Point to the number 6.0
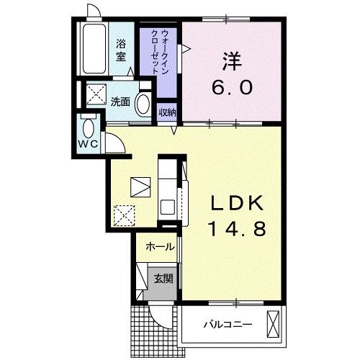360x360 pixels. [x=232, y=87]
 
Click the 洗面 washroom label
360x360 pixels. [x=120, y=102]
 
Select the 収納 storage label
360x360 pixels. [x=167, y=112]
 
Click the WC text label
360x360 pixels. [x=89, y=143]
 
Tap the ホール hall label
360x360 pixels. [x=159, y=247]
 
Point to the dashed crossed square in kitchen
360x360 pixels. [x=125, y=214]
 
